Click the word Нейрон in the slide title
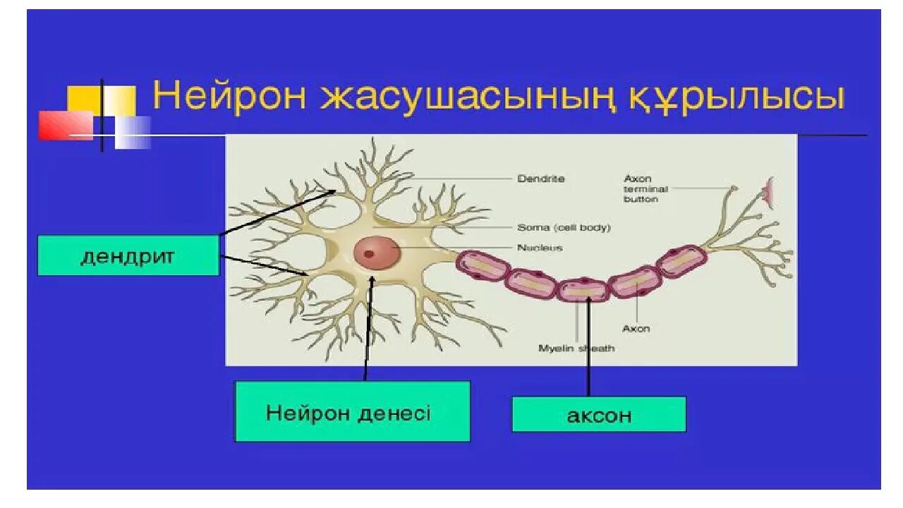coord(230,96)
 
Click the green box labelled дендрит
coord(128,255)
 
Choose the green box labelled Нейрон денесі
coord(352,412)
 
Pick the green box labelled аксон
coord(598,415)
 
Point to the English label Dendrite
coord(541,179)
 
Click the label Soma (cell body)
coord(564,228)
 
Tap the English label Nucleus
coord(540,248)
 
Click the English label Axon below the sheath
coord(636,329)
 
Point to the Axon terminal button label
coord(645,189)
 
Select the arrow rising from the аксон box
coord(588,346)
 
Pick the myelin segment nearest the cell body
coord(483,267)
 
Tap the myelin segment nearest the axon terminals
coord(681,260)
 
